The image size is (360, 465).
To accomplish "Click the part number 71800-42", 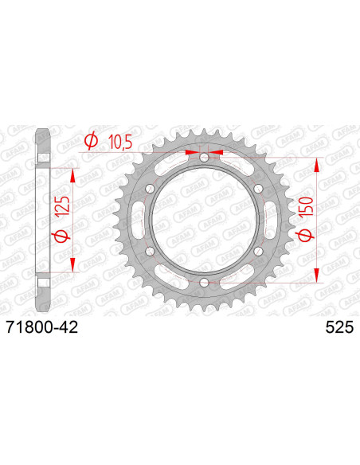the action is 41,328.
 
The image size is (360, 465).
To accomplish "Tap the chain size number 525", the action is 339,328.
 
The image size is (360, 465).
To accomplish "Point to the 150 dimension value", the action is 307,205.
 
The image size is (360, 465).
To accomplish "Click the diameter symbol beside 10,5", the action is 91,141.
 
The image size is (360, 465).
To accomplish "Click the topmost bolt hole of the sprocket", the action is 204,157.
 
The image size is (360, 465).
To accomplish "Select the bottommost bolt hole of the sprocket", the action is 204,283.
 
